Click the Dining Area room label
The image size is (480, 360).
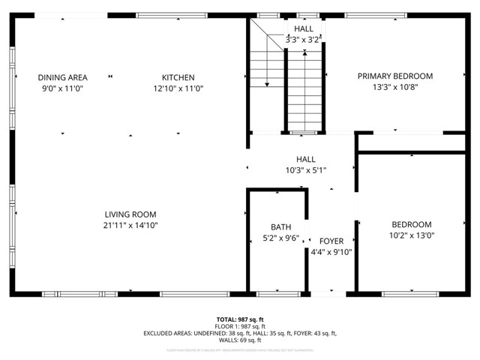[63, 77]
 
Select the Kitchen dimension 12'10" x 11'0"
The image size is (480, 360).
[178, 88]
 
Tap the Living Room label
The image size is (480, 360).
[130, 214]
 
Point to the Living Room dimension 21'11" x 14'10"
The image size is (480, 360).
[130, 226]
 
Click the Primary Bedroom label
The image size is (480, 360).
[394, 76]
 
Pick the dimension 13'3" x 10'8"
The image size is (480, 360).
[394, 87]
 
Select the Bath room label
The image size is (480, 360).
[280, 227]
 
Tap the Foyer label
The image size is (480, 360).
[331, 241]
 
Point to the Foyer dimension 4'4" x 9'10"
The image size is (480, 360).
[331, 253]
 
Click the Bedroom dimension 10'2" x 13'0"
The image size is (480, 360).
[411, 235]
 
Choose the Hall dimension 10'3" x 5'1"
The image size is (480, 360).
[305, 170]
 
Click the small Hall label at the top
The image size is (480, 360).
[304, 28]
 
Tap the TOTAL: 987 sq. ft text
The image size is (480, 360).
[240, 319]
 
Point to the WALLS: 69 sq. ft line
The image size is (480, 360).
[240, 340]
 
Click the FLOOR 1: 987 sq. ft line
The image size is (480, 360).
[240, 327]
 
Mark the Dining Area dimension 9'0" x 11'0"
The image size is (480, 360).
[63, 88]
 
